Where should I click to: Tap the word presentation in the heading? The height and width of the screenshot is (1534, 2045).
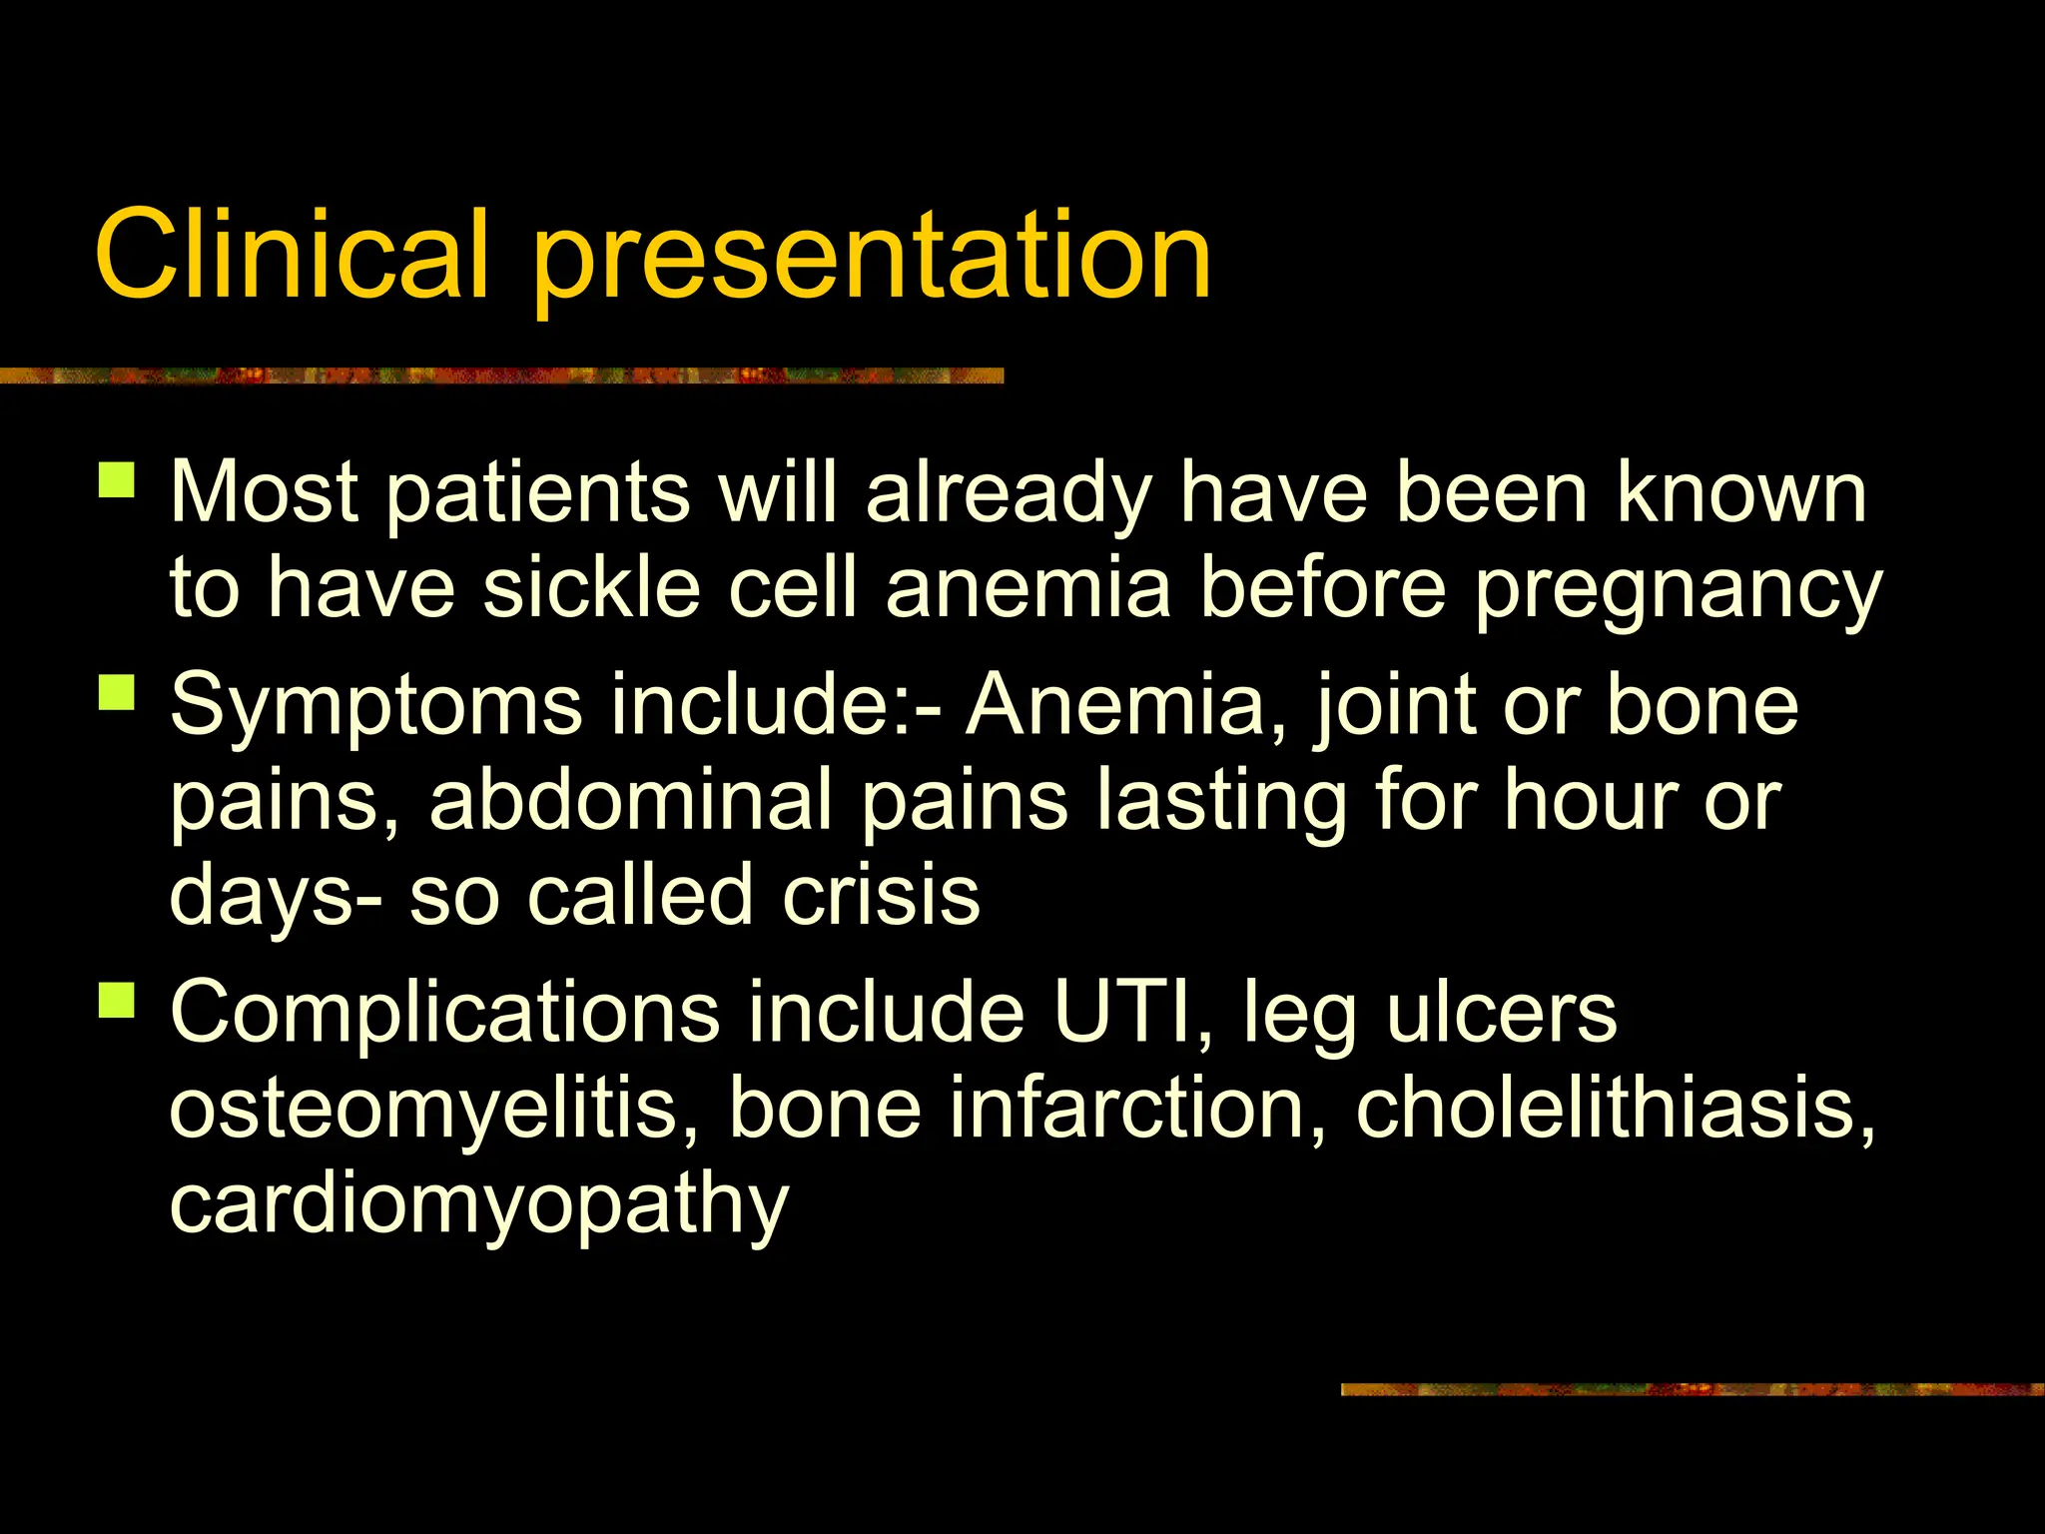coord(872,258)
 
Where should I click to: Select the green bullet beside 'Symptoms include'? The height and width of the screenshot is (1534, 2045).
coord(117,691)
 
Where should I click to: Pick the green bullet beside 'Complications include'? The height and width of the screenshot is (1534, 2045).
coord(117,998)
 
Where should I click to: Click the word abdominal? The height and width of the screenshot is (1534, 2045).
coord(631,800)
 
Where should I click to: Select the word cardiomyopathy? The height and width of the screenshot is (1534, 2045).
coord(479,1205)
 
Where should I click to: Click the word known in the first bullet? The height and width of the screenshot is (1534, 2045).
coord(1741,492)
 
